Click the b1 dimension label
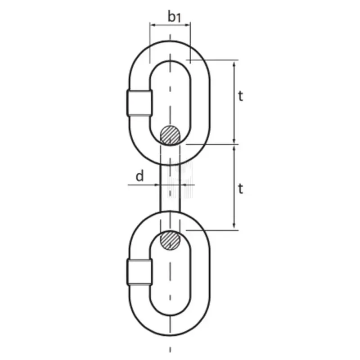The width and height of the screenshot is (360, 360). (174, 17)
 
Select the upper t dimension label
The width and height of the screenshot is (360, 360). (241, 96)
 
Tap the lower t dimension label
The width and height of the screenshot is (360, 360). (241, 189)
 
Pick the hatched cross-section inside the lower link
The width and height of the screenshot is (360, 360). (170, 240)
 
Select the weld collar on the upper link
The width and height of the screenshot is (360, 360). (139, 103)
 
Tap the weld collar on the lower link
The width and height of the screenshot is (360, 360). (139, 272)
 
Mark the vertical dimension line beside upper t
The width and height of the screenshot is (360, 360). (234, 101)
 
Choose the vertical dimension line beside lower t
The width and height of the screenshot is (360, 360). (234, 187)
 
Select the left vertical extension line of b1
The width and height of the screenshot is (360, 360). (150, 43)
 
